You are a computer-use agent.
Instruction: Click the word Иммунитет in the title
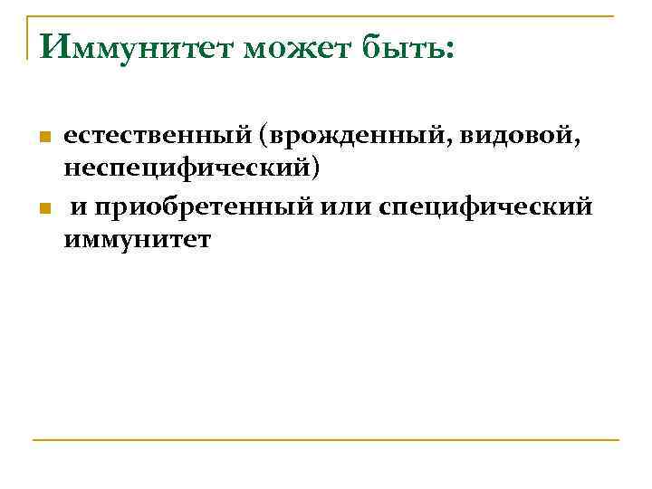point(135,45)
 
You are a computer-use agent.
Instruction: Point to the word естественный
point(156,136)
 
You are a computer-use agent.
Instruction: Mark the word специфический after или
point(487,207)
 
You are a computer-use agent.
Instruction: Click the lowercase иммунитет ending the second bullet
point(137,240)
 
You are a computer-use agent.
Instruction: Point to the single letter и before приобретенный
point(80,208)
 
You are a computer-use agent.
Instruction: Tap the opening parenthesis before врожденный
point(264,137)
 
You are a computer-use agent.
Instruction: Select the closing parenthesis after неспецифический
point(316,168)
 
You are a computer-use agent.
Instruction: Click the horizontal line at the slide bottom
point(326,441)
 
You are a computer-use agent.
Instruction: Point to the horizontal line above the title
point(326,16)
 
